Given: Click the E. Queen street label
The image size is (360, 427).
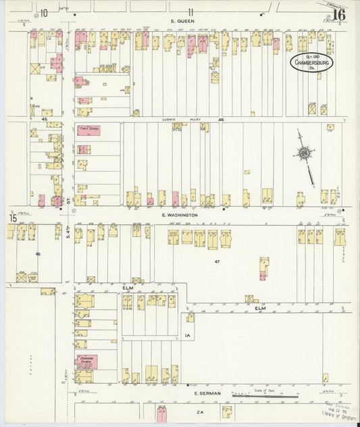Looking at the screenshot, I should coord(182,21).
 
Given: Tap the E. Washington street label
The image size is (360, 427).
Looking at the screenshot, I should coord(180,215).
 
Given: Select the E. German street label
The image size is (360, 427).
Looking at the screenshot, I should coord(204,393).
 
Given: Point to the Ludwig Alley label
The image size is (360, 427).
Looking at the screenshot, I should coord(186,120).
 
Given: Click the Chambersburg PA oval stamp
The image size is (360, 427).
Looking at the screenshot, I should coord(313,63).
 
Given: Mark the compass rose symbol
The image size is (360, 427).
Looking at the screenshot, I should coord(305,155).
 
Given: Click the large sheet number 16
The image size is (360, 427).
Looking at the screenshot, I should coord(339,14).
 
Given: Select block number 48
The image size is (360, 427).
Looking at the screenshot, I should coord(38,254).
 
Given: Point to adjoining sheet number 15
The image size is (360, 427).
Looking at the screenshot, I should coord(12,218).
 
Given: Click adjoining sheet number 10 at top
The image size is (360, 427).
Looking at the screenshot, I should coord(44,12).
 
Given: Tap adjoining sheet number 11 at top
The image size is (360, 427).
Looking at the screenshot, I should coord(191,11).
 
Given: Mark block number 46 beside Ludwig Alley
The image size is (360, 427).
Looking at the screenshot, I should coord(221,120).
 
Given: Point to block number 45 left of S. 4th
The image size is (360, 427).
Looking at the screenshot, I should coord(44,120).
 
